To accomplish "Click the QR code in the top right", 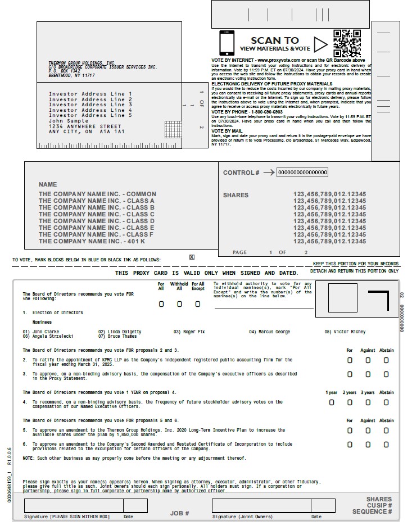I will click(347, 43).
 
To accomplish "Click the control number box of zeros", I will click(302, 173).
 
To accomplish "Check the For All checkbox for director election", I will click(161, 304).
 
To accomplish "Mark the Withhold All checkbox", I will click(179, 304).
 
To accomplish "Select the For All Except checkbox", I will click(197, 304).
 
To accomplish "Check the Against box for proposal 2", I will click(368, 360).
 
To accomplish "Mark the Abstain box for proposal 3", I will click(386, 374).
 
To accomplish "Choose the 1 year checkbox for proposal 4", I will click(332, 402).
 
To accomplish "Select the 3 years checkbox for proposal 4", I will click(368, 402).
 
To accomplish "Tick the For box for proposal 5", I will click(350, 431).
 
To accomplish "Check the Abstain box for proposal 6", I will click(386, 445).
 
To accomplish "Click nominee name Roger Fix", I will click(189, 332).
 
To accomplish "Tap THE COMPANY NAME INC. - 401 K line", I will click(92, 241).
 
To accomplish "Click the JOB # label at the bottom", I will click(179, 513).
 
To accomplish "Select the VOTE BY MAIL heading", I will click(228, 130).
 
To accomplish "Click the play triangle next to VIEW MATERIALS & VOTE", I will click(320, 44).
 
